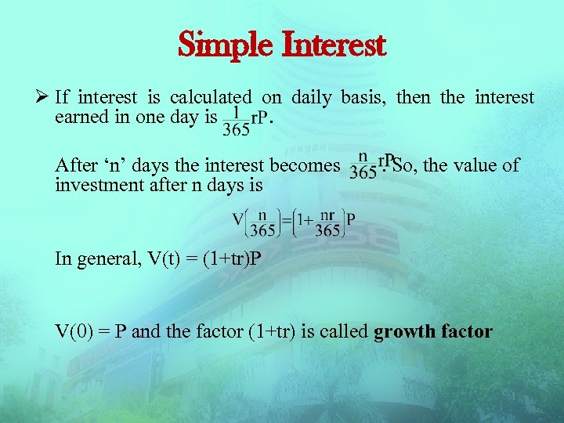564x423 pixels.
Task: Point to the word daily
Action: pos(312,98)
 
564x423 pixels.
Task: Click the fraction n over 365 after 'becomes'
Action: pos(362,165)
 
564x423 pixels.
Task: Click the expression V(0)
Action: pos(73,331)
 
